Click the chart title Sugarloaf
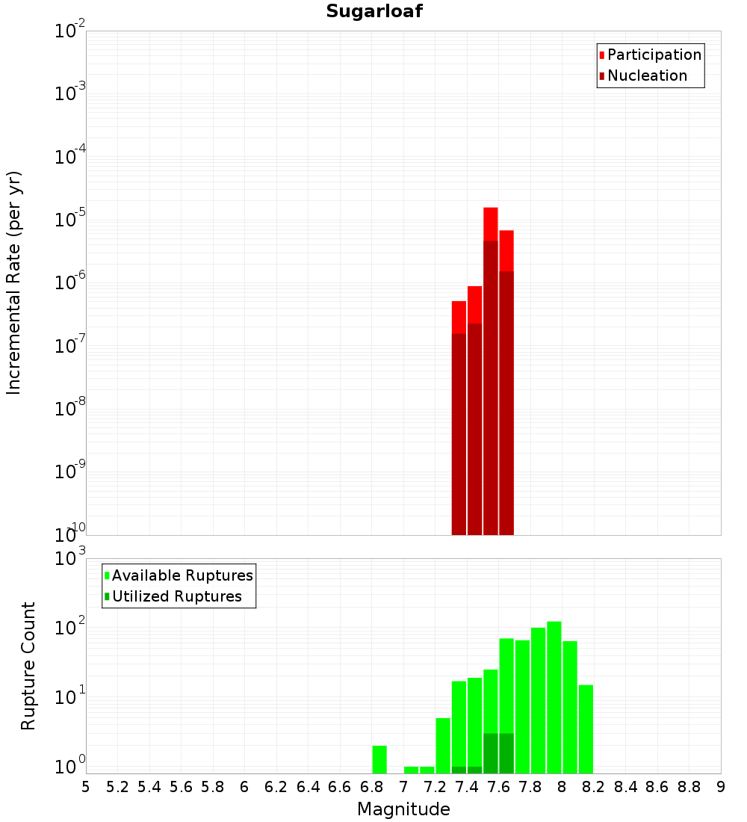(374, 11)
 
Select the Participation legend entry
(654, 55)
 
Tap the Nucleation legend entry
(647, 75)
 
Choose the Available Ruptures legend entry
(182, 575)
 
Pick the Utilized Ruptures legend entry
(176, 596)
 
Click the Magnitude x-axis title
(403, 809)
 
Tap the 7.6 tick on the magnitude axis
(498, 787)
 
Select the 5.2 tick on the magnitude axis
(117, 787)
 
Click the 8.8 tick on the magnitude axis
(689, 787)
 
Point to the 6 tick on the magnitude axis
(244, 787)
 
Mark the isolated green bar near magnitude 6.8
(379, 759)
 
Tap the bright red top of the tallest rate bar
(490, 223)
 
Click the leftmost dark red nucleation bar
(459, 433)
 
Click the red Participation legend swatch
(601, 55)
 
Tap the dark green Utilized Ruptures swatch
(107, 596)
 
